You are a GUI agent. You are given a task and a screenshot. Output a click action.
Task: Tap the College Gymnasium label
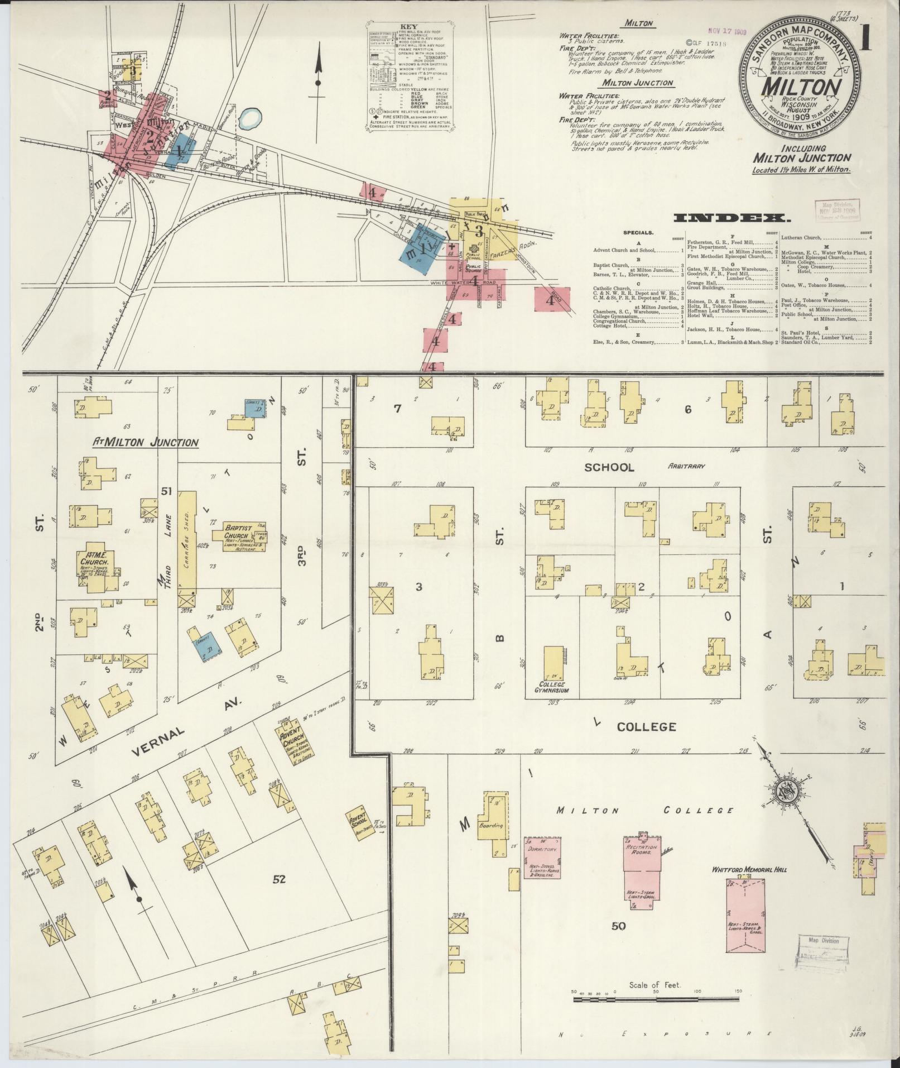click(552, 687)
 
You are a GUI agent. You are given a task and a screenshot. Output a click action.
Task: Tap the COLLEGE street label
click(647, 727)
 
